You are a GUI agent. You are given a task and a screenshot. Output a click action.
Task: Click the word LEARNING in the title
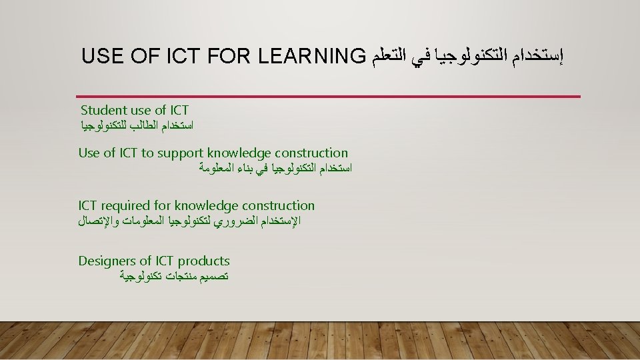click(312, 56)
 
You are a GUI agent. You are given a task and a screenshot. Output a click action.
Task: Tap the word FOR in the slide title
click(229, 56)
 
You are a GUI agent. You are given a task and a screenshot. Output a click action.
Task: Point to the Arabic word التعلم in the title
click(388, 56)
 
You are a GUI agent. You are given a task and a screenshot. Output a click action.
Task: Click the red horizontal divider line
click(328, 97)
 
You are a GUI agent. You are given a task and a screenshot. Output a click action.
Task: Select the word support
click(180, 153)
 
